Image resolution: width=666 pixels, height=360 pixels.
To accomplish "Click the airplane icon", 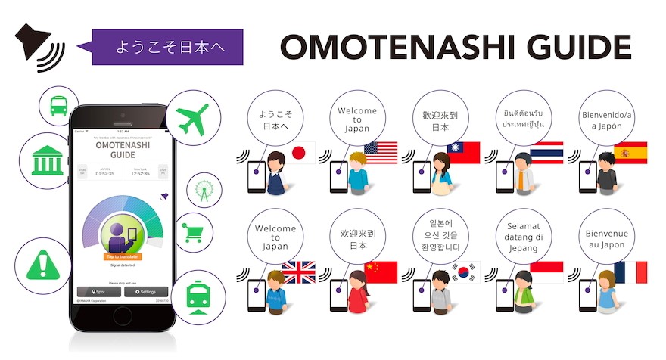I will click(x=191, y=117).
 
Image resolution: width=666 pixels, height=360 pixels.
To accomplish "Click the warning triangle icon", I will click(x=41, y=265).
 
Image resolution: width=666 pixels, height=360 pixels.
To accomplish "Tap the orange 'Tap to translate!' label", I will click(x=124, y=256).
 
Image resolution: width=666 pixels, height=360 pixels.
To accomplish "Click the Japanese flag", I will click(x=302, y=154).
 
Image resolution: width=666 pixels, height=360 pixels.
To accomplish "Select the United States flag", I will click(x=381, y=154).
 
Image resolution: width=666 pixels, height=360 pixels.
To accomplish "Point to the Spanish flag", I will click(x=630, y=154).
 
